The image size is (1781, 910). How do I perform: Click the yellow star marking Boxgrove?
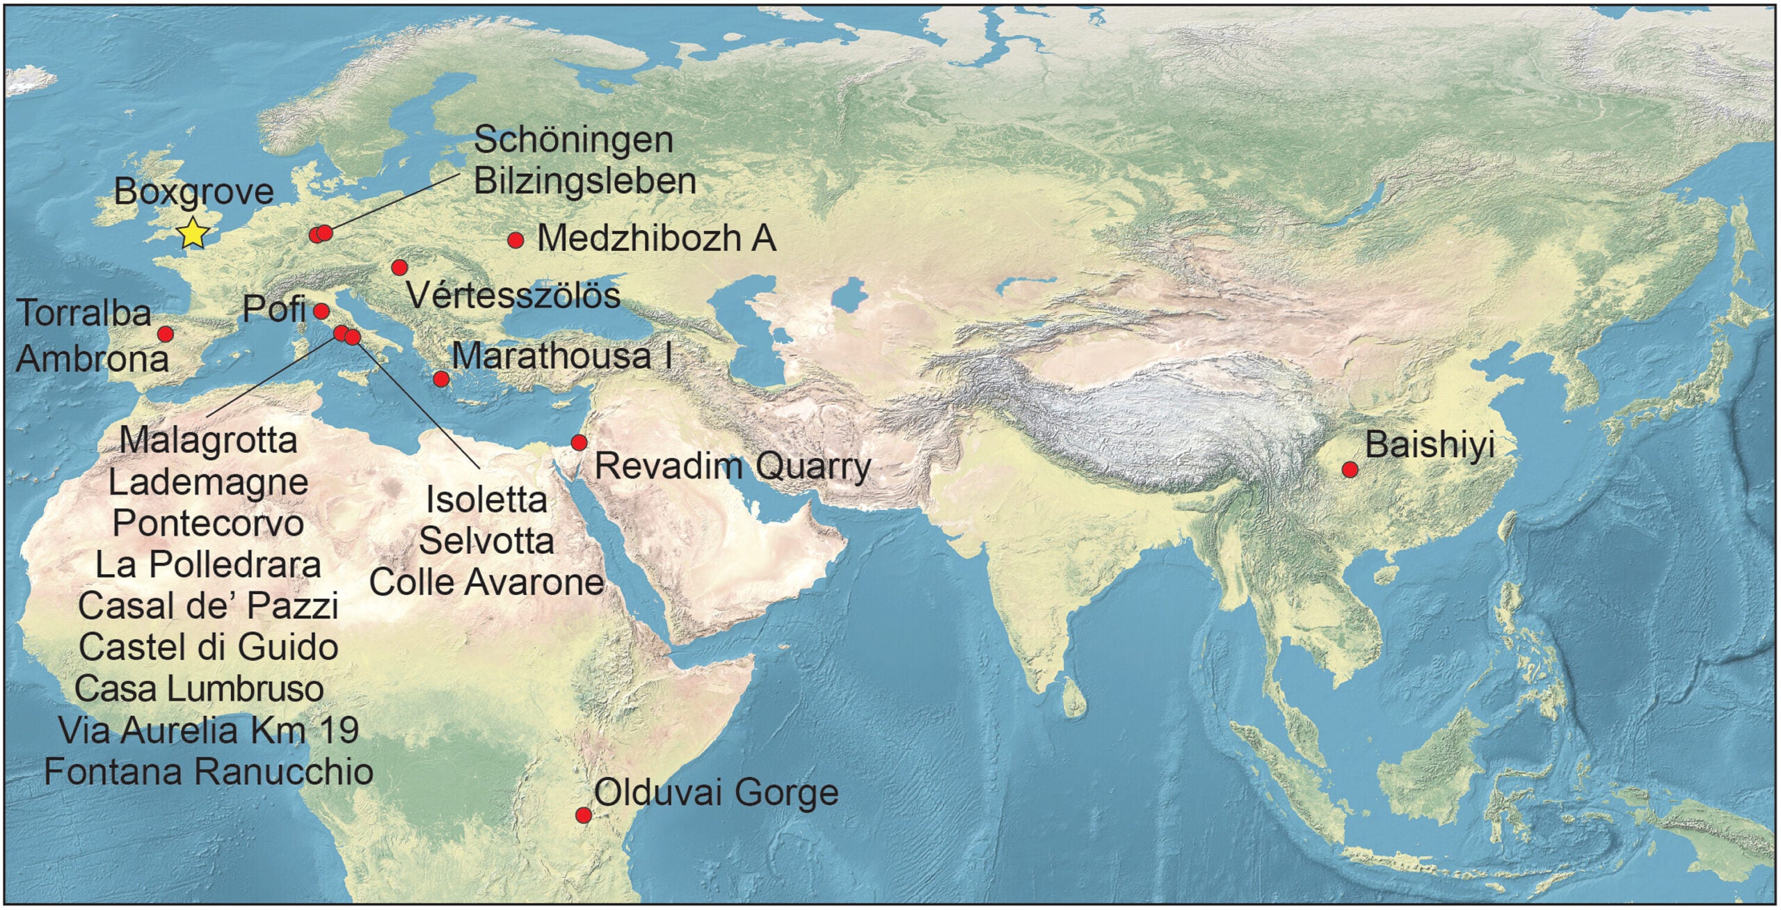[x=193, y=233]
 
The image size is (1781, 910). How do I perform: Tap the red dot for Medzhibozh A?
[x=516, y=240]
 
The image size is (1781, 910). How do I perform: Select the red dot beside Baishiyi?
[x=1350, y=469]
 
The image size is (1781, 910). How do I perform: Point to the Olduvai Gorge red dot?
[x=584, y=815]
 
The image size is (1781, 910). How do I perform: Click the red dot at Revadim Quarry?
[x=579, y=442]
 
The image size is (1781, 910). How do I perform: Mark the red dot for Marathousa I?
[x=440, y=378]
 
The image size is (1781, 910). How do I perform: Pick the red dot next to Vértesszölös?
[x=399, y=267]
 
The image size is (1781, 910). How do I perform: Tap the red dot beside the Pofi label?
[x=321, y=310]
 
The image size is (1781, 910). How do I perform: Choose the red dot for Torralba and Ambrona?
[x=166, y=334]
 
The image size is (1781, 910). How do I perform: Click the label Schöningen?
[x=573, y=140]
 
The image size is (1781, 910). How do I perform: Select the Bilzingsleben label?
[x=584, y=181]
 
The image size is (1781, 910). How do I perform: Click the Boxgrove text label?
[x=193, y=191]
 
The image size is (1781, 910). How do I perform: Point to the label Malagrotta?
[x=208, y=440]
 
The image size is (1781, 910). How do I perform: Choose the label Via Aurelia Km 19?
[x=208, y=731]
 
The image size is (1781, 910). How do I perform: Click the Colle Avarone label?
[x=486, y=582]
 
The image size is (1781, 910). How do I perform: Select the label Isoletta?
[x=486, y=500]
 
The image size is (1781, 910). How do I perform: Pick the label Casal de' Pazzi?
[x=208, y=606]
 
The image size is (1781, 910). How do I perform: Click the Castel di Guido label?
[x=208, y=648]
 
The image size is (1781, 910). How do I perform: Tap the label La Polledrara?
[x=208, y=565]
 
